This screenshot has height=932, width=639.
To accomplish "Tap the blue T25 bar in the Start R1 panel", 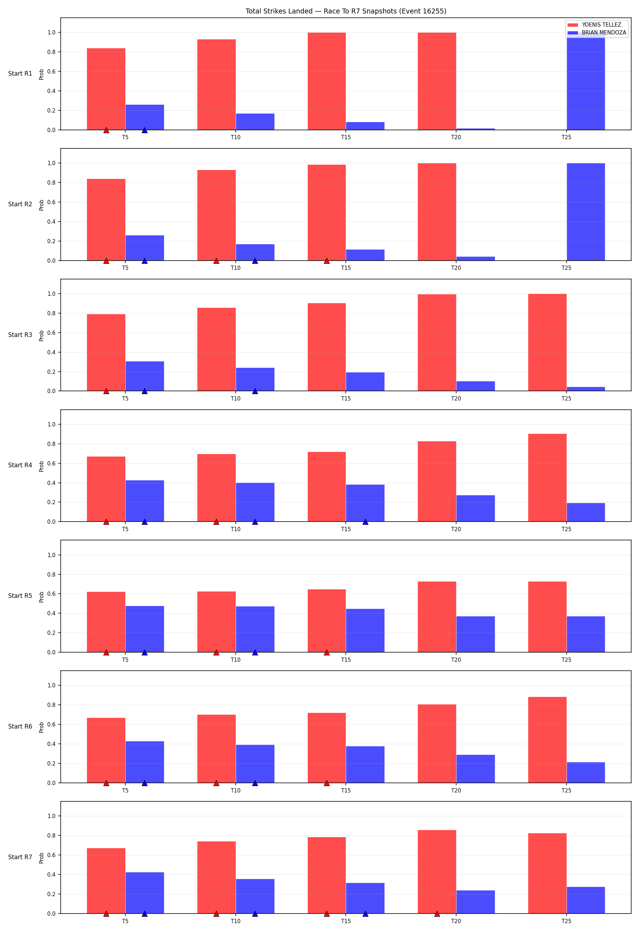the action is pyautogui.click(x=586, y=81).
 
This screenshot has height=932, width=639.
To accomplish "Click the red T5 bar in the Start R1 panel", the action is pyautogui.click(x=106, y=89).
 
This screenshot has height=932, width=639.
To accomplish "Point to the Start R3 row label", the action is pyautogui.click(x=20, y=335).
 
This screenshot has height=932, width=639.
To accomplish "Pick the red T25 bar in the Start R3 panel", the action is pyautogui.click(x=547, y=343).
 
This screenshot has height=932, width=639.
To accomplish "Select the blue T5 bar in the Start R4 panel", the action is pyautogui.click(x=145, y=501).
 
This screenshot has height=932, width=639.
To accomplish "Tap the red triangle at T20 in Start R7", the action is pyautogui.click(x=437, y=914).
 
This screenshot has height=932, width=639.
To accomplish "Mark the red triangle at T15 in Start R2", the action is pyautogui.click(x=327, y=261).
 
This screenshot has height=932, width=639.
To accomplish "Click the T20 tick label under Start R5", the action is pyautogui.click(x=456, y=660).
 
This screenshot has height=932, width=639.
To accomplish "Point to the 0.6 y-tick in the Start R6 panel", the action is pyautogui.click(x=52, y=724).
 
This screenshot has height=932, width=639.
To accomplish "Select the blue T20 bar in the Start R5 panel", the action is pyautogui.click(x=475, y=634).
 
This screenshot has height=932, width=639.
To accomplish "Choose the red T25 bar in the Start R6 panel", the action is pyautogui.click(x=547, y=740).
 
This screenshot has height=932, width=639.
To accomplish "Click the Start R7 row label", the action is pyautogui.click(x=20, y=857).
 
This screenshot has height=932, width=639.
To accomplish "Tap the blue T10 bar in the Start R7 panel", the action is pyautogui.click(x=255, y=896).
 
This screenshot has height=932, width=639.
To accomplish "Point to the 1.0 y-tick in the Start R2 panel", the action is pyautogui.click(x=52, y=163).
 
